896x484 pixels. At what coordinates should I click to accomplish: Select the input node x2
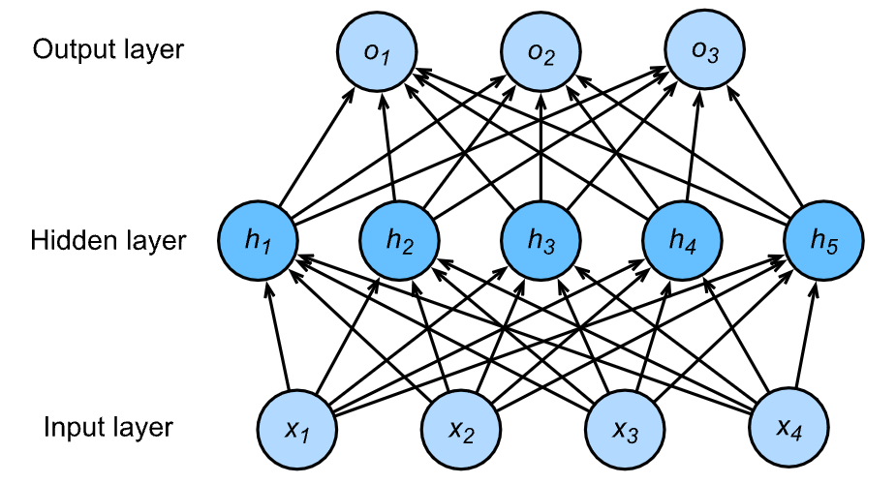pos(459,426)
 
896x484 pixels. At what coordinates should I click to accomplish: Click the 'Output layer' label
pos(108,50)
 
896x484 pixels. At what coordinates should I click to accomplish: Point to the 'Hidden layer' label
pos(108,239)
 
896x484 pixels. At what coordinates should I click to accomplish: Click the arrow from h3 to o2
pos(540,145)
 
